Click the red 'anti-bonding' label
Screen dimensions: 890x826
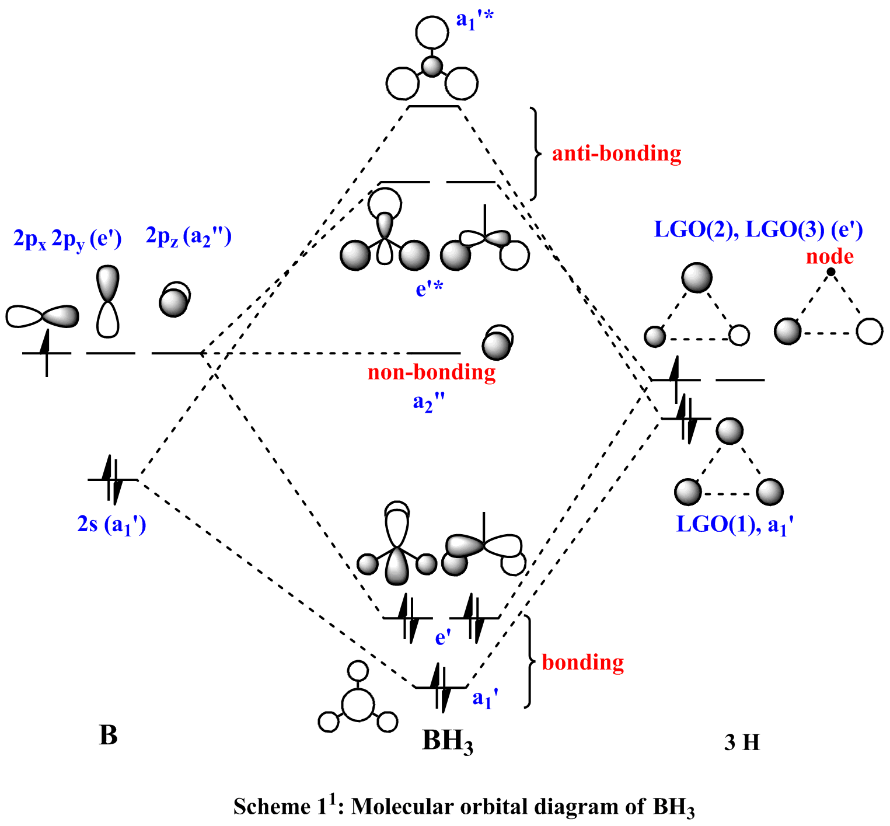coord(616,153)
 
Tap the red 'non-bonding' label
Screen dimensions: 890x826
coord(431,372)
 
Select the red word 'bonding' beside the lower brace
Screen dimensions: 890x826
coord(582,663)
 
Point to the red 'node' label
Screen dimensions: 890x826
coord(829,256)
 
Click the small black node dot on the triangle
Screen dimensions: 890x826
coord(830,272)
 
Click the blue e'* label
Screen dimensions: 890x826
coord(429,289)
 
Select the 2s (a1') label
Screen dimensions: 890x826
coord(111,525)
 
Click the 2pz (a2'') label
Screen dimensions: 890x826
coord(189,237)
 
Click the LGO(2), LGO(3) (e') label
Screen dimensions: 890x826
coord(758,229)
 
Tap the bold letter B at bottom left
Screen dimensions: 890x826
coord(109,736)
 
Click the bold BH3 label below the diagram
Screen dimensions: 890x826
coord(447,741)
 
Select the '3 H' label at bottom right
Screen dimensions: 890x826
coord(742,743)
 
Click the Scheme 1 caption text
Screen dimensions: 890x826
coord(464,806)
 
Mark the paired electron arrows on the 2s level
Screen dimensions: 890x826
coord(113,479)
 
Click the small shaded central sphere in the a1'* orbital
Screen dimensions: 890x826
coord(432,67)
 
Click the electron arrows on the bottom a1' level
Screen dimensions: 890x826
coord(441,687)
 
